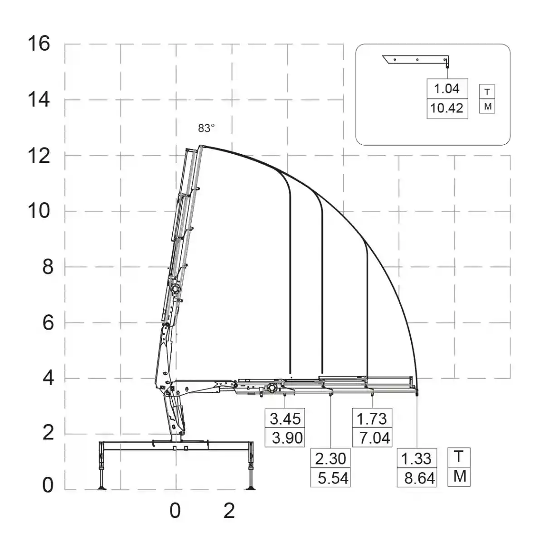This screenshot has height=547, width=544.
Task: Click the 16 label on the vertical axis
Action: tap(39, 44)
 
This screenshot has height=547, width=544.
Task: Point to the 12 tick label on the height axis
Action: tap(39, 156)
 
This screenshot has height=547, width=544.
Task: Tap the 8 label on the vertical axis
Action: tap(48, 267)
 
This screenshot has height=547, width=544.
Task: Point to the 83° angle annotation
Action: tap(206, 128)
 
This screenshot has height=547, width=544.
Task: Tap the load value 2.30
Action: tap(330, 459)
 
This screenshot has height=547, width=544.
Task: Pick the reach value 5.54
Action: tap(333, 478)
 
